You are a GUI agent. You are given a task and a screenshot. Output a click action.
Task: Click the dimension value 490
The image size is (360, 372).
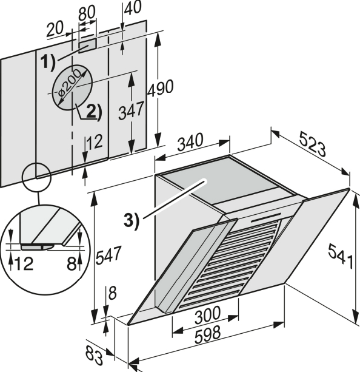pos(161,88)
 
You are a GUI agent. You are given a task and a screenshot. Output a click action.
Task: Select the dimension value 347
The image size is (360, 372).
pos(131,110)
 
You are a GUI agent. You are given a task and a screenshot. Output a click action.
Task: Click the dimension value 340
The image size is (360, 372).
pos(190,142)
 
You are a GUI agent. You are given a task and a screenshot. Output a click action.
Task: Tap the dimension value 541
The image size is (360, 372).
pos(341,256)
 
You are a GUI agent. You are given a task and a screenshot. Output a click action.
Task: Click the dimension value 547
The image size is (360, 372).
pos(108,255)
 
